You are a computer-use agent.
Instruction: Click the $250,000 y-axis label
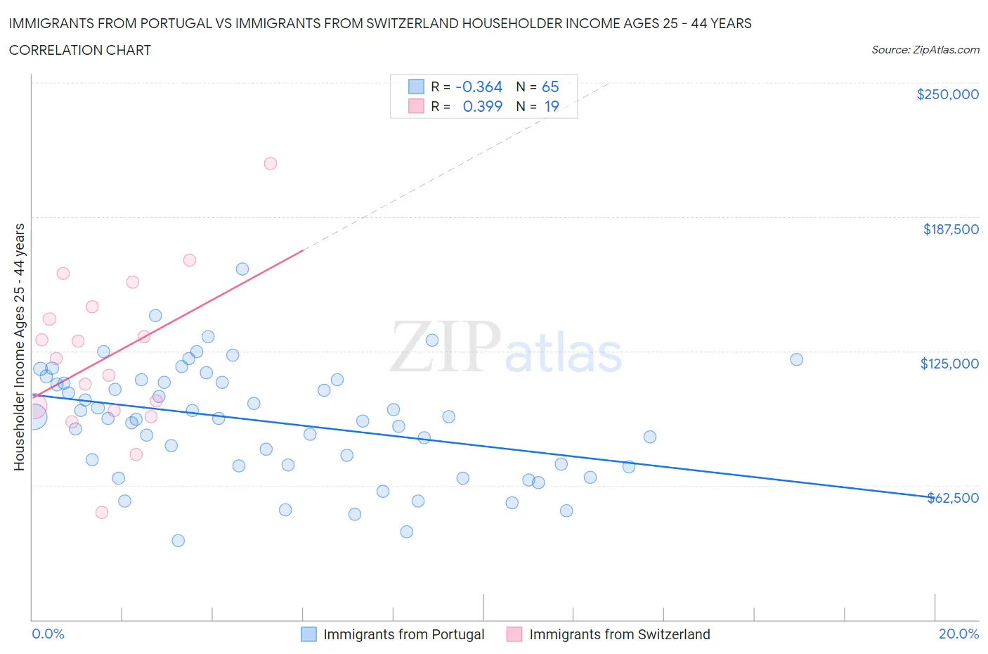pyautogui.click(x=947, y=94)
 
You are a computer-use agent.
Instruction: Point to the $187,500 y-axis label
pyautogui.click(x=950, y=229)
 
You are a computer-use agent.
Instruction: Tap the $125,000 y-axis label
pyautogui.click(x=949, y=364)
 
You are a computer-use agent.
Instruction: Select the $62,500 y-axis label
pyautogui.click(x=952, y=498)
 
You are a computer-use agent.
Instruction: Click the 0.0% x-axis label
pyautogui.click(x=48, y=634)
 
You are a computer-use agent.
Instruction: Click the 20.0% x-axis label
pyautogui.click(x=958, y=634)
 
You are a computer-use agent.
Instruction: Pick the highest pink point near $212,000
pyautogui.click(x=270, y=163)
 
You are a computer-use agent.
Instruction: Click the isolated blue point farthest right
pyautogui.click(x=796, y=359)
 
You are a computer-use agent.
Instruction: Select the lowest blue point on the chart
pyautogui.click(x=178, y=540)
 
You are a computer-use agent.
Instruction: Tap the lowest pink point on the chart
pyautogui.click(x=102, y=512)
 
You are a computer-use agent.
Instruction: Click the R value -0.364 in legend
pyautogui.click(x=479, y=86)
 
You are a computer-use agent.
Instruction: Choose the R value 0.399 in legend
pyautogui.click(x=482, y=106)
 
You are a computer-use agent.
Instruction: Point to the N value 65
pyautogui.click(x=550, y=86)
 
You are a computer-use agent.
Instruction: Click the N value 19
pyautogui.click(x=552, y=106)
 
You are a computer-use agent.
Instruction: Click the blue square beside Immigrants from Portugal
pyautogui.click(x=308, y=634)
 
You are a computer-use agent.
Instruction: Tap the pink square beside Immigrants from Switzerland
pyautogui.click(x=514, y=634)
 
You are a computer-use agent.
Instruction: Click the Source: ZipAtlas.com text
pyautogui.click(x=925, y=50)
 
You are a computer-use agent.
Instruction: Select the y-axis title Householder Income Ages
pyautogui.click(x=19, y=347)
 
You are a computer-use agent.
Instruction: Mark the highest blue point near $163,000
pyautogui.click(x=242, y=269)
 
